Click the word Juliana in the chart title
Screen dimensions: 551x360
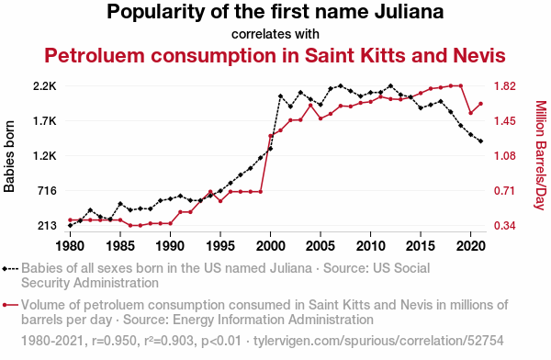pos(409,12)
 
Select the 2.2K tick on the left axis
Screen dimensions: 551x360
pos(45,86)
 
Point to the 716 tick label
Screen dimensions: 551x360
pos(47,191)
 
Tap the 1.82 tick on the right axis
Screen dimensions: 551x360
pos(505,86)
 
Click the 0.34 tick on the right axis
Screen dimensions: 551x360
pos(505,226)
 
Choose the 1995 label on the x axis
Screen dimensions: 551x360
pos(220,246)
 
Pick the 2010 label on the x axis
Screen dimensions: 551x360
pos(370,246)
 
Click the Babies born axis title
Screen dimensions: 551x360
pos(9,156)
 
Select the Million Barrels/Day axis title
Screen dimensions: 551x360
pos(541,155)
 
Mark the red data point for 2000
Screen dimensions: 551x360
pos(270,136)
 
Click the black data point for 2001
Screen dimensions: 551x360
pos(280,96)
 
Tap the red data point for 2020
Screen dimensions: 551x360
pos(470,113)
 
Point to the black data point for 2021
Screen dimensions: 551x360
pos(480,141)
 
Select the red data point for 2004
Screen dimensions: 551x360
pos(310,105)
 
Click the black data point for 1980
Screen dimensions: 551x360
pos(71,225)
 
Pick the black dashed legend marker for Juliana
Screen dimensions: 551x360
pos(10,269)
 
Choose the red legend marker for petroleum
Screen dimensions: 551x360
pos(10,305)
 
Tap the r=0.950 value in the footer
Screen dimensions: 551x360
pos(114,341)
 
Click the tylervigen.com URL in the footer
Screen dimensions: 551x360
pos(378,341)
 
